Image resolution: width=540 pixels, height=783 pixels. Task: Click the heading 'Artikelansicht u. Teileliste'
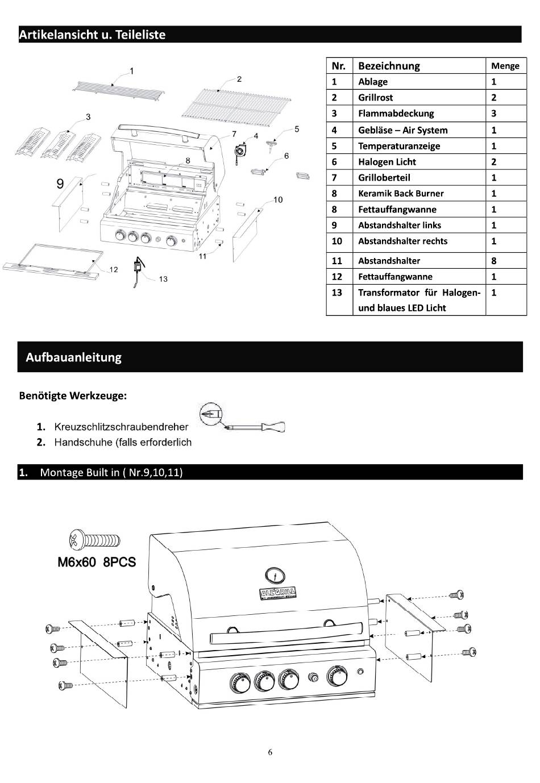(x=92, y=35)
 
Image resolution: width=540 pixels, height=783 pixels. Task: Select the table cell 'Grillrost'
(x=375, y=98)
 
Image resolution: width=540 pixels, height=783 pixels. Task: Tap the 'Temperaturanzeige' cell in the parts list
(x=398, y=146)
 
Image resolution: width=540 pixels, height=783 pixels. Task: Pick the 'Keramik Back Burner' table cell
(x=400, y=193)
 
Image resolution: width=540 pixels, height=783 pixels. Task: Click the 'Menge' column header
(x=505, y=66)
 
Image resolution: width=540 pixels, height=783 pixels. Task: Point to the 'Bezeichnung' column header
(x=389, y=66)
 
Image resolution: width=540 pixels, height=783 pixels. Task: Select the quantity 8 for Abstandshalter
(x=494, y=261)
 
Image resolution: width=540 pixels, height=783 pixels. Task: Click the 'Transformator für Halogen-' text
(x=419, y=293)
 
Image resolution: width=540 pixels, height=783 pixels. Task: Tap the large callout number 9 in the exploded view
(x=60, y=184)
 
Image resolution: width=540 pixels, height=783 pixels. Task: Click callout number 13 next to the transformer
(x=163, y=279)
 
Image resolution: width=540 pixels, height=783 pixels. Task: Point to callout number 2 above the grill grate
(x=239, y=79)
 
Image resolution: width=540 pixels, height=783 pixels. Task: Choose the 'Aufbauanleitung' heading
(x=73, y=357)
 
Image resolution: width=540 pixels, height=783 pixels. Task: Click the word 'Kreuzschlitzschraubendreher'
(x=121, y=427)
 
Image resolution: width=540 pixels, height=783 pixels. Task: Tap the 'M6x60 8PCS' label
(x=97, y=562)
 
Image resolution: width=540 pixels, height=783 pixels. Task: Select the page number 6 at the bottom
(x=270, y=752)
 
